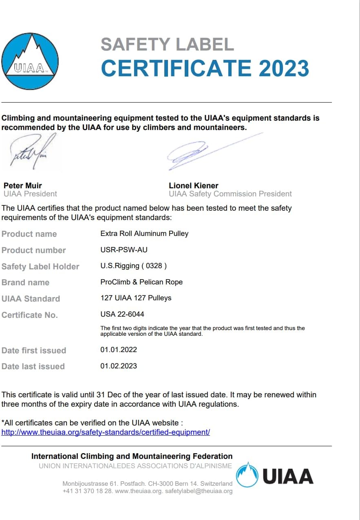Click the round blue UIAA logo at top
click(x=30, y=61)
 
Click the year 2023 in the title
click(x=284, y=68)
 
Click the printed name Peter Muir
click(x=23, y=185)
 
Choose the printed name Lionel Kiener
click(x=194, y=185)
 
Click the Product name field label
click(x=29, y=234)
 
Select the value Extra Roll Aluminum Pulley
click(x=144, y=234)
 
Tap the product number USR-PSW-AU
click(x=124, y=250)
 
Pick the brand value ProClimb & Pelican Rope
click(x=141, y=282)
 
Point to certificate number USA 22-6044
click(x=122, y=314)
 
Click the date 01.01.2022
click(x=119, y=350)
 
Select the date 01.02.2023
click(x=119, y=366)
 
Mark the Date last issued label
click(x=33, y=366)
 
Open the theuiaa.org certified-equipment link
click(x=106, y=432)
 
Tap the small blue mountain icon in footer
click(x=247, y=475)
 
